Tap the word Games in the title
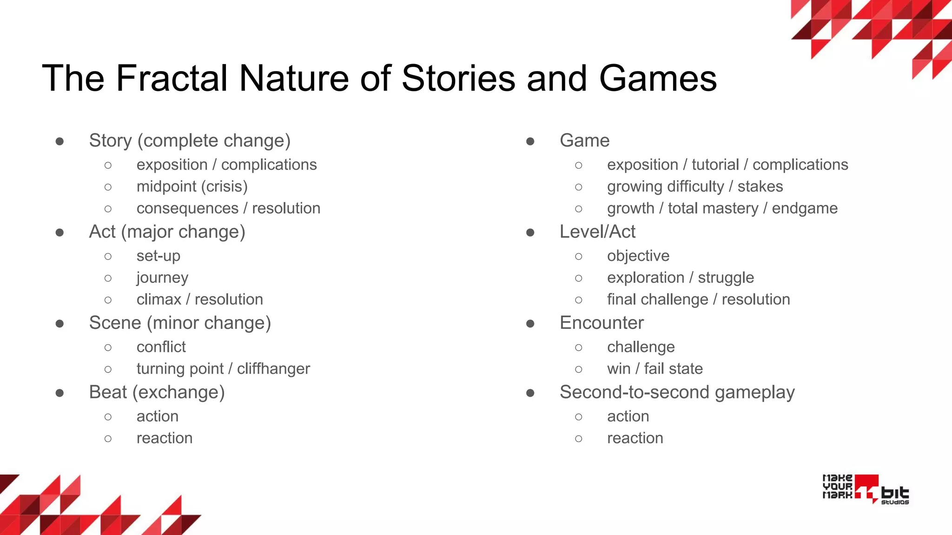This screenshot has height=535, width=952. pos(658,78)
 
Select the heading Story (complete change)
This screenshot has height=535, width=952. pos(190,141)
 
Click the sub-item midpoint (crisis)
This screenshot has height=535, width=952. pos(192,187)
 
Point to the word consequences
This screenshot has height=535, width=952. pos(187,209)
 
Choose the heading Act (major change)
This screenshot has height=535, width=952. pos(167,232)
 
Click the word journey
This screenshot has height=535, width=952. pos(162,278)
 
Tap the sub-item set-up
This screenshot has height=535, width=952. pos(158,256)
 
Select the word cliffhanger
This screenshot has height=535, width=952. pos(273,369)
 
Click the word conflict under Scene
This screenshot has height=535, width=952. pos(161,347)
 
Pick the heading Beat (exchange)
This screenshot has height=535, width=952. pos(157,392)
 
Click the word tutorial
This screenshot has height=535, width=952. pos(715,165)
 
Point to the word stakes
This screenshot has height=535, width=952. pos(760,187)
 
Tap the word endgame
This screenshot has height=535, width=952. pos(805,209)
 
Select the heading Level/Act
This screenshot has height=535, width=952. pos(597,232)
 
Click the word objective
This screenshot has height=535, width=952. pos(638,256)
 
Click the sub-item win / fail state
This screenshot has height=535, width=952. pos(654,369)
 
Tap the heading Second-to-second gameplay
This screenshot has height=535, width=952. pos(677,392)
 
